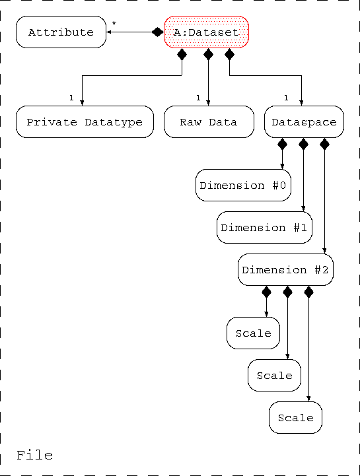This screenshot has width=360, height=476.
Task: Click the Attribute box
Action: pyautogui.click(x=61, y=32)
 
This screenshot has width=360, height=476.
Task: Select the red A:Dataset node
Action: pyautogui.click(x=206, y=32)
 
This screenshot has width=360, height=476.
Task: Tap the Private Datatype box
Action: pyautogui.click(x=85, y=121)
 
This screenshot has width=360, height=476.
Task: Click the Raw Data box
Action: pyautogui.click(x=209, y=121)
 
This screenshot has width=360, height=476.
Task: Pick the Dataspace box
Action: pyautogui.click(x=304, y=121)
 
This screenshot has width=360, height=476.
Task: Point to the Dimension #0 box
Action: pyautogui.click(x=243, y=185)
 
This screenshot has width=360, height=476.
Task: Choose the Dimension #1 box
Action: pyautogui.click(x=264, y=227)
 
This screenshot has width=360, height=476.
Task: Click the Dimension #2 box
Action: pyautogui.click(x=285, y=269)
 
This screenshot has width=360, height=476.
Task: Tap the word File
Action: pyautogui.click(x=34, y=456)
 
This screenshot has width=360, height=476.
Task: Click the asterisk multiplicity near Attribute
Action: pyautogui.click(x=114, y=23)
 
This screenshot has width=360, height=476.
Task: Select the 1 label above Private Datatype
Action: pyautogui.click(x=71, y=98)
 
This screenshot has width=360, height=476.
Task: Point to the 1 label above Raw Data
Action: pyautogui.click(x=198, y=98)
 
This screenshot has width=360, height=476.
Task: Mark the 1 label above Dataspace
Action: pyautogui.click(x=286, y=98)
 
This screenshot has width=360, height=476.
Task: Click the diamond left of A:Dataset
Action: pyautogui.click(x=158, y=32)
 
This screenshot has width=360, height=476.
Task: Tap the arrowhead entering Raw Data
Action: pyautogui.click(x=209, y=103)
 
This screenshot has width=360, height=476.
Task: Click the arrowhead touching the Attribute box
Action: pyautogui.click(x=109, y=32)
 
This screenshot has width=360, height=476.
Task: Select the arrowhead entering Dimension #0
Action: pyautogui.click(x=282, y=166)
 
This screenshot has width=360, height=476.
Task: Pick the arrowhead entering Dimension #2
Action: pyautogui.click(x=324, y=251)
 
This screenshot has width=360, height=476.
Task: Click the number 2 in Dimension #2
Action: pyautogui.click(x=325, y=269)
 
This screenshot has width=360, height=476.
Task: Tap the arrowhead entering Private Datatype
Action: pyautogui.click(x=82, y=103)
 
